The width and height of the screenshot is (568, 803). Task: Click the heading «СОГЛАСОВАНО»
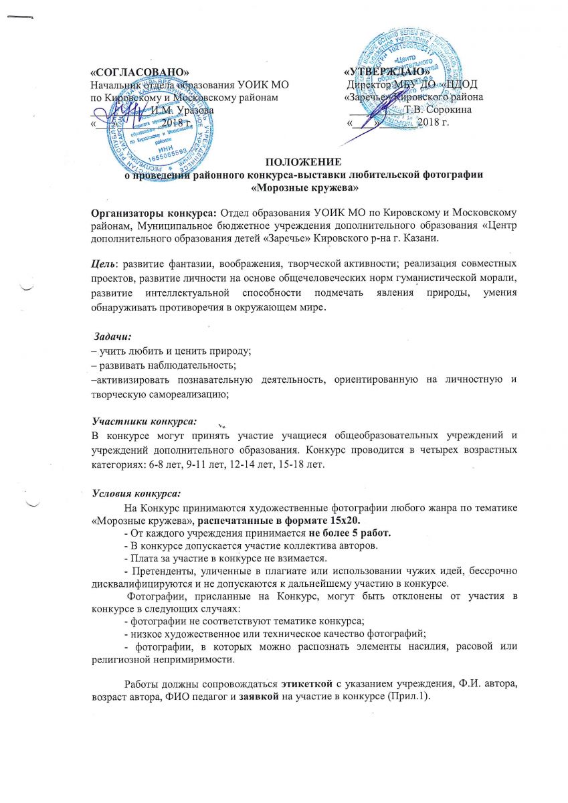pyautogui.click(x=135, y=71)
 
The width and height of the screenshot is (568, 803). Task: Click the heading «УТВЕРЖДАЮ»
pyautogui.click(x=385, y=71)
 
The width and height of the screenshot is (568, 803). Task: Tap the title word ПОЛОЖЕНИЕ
pyautogui.click(x=304, y=161)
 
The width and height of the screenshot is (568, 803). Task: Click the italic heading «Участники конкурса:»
pyautogui.click(x=145, y=421)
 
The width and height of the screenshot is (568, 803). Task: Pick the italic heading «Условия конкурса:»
pyautogui.click(x=136, y=494)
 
